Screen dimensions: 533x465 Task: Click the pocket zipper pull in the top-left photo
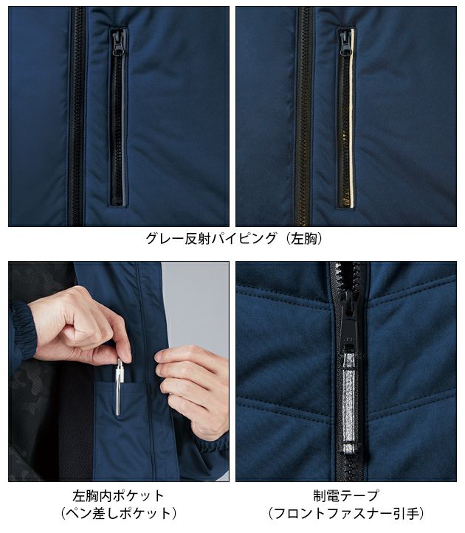[x=117, y=43]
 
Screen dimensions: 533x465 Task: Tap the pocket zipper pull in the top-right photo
[x=345, y=44]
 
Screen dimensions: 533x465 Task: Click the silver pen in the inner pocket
[x=119, y=387]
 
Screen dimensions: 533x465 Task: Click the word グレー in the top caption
[x=164, y=239]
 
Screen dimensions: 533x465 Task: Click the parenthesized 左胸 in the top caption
[x=303, y=239]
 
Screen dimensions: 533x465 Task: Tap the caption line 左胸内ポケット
[x=118, y=495]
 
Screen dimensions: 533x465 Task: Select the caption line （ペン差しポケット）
[x=118, y=513]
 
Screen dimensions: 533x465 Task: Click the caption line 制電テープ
[x=345, y=495]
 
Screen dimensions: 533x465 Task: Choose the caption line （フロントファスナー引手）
[x=345, y=513]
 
